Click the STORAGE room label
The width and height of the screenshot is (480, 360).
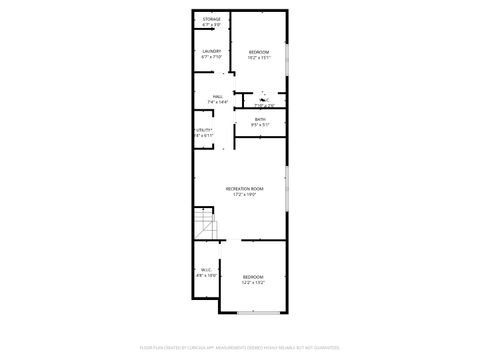[x=211, y=20]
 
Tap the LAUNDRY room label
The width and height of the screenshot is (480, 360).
[x=211, y=51]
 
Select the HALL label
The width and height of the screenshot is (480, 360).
[x=217, y=96]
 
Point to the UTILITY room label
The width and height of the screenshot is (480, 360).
[x=204, y=130]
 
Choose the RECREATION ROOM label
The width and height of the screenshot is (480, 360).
[x=245, y=189]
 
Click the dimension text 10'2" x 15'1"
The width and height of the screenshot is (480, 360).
[x=259, y=58]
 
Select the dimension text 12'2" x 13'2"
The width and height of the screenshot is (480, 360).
[x=253, y=282]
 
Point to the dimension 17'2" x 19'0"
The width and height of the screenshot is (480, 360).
[x=245, y=195]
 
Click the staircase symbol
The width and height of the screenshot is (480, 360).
[x=205, y=227]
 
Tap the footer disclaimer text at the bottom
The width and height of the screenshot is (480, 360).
[x=240, y=346]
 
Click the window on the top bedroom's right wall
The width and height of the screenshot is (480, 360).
[x=287, y=63]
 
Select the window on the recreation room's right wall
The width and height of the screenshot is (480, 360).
[x=287, y=191]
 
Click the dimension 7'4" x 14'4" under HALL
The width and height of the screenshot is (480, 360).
[x=217, y=102]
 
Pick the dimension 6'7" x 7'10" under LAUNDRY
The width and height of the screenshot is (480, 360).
[x=211, y=57]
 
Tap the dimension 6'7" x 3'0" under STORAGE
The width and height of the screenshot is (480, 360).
[x=211, y=26]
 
